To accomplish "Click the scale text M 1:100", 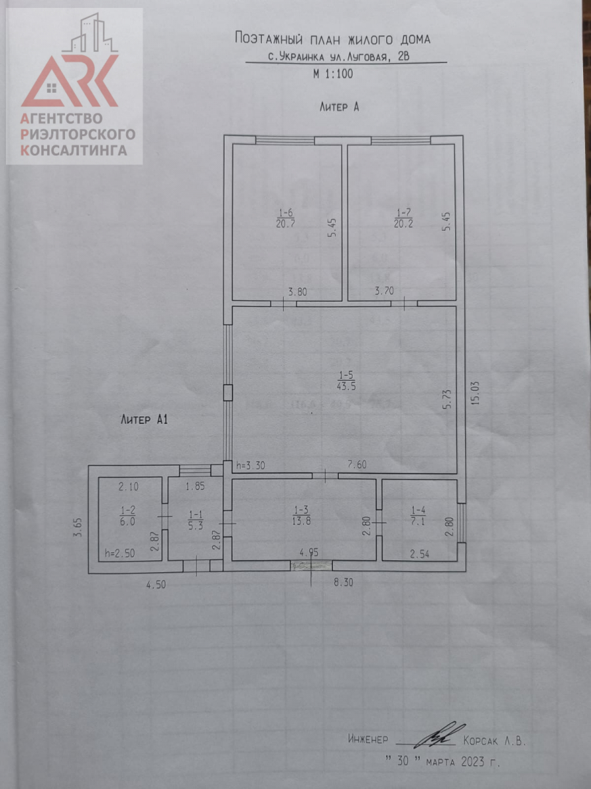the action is pos(333,74).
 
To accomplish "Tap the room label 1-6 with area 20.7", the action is pos(286,218).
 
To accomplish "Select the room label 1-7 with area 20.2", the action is pos(403,218).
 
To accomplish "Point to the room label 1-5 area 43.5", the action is pos(346,381).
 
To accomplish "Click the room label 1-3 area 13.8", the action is pos(301,516).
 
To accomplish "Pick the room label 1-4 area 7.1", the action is pos(418,516).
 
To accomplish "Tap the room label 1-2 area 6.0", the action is pos(127,516).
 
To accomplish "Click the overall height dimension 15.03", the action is pos(475,394).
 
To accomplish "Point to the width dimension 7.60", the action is pos(357,465).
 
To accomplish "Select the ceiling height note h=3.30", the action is pos(251,466).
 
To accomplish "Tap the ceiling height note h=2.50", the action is pos(120,553).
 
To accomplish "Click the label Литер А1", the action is pos(144,419).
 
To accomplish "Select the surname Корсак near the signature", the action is pos(481,740).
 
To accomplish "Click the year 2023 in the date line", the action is pos(473,761).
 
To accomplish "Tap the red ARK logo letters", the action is pos(70,81).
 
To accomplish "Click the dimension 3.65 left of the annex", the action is pos(78,527).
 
